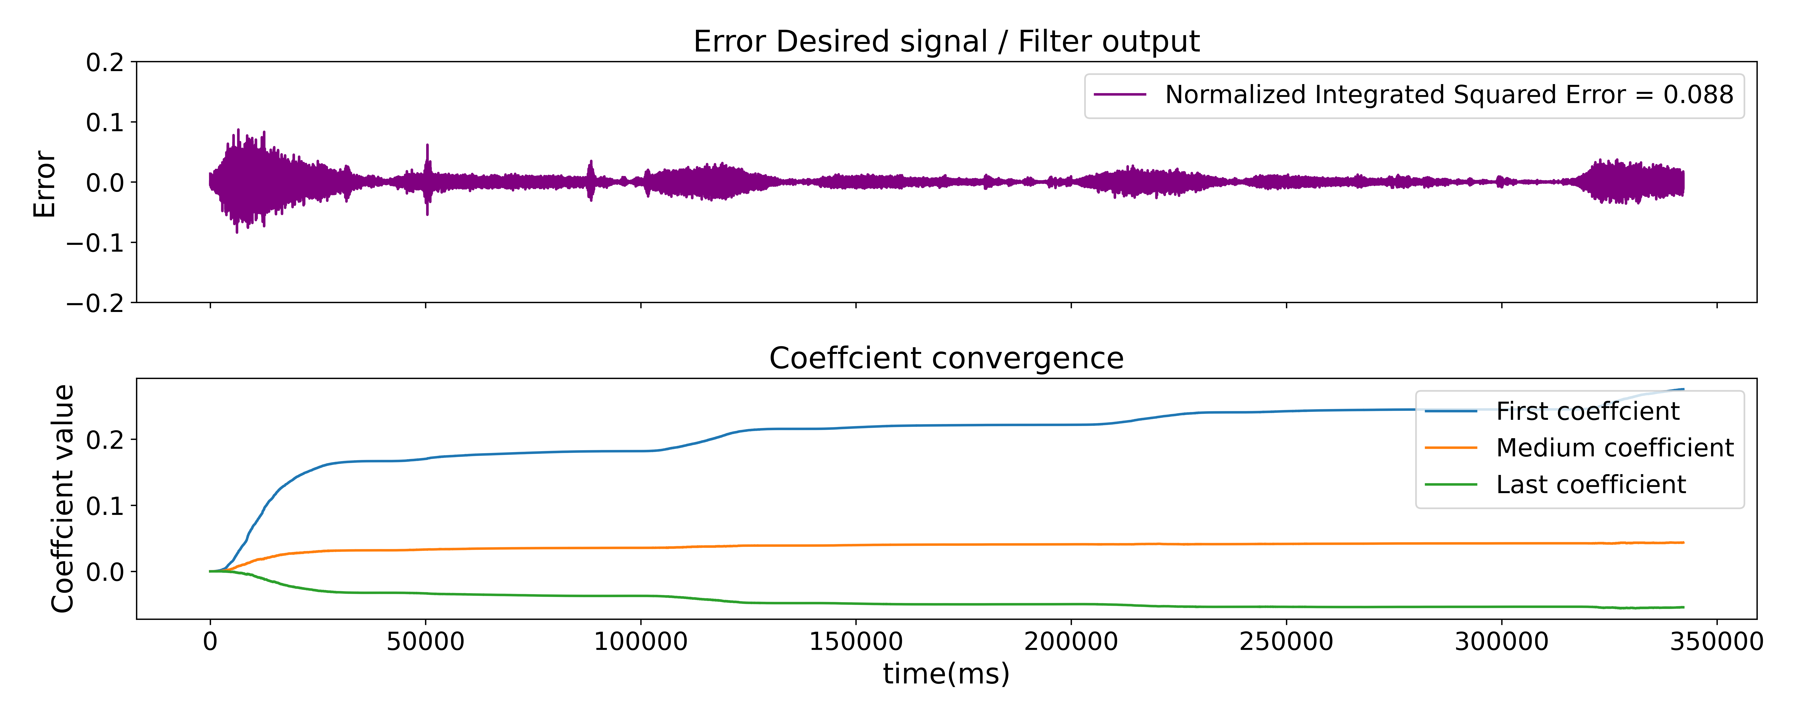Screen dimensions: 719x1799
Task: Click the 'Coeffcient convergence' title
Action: click(946, 358)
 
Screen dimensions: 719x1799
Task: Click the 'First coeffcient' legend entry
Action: click(1587, 411)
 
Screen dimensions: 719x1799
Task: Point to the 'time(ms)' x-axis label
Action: click(946, 674)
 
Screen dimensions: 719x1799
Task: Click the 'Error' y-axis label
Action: click(44, 184)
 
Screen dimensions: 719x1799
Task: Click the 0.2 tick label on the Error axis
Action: click(105, 63)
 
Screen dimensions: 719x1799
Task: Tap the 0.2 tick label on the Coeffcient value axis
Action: click(105, 440)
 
